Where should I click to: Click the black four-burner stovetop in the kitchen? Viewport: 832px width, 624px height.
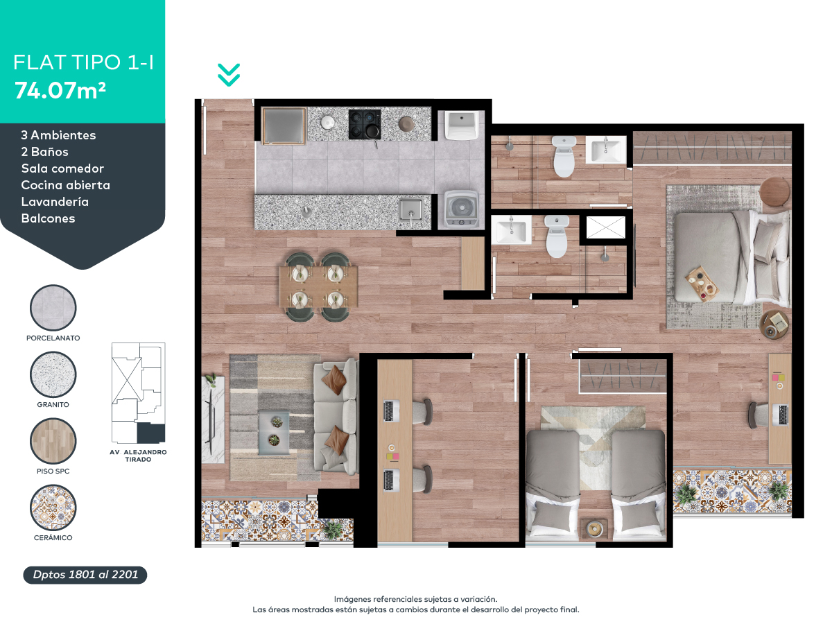click(x=365, y=124)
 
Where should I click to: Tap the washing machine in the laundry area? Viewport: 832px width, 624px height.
click(x=461, y=209)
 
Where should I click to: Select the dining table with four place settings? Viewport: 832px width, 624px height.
click(x=318, y=286)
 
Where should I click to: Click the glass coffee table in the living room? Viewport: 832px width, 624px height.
click(x=274, y=433)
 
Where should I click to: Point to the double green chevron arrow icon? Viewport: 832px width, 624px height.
click(x=229, y=75)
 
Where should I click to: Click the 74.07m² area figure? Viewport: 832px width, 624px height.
click(x=60, y=91)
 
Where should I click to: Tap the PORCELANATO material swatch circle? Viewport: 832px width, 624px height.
click(x=53, y=308)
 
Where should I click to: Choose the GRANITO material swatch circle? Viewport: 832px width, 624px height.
click(x=53, y=374)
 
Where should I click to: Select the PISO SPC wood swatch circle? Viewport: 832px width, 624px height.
click(x=53, y=441)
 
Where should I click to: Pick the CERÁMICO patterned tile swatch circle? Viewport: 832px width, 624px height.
click(x=53, y=508)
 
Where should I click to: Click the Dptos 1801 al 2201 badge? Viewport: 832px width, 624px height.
click(x=85, y=575)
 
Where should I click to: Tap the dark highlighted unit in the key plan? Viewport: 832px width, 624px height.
click(x=151, y=433)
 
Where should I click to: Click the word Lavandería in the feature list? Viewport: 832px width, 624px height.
click(x=55, y=202)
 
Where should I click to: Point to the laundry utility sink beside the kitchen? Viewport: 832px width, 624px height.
click(x=461, y=125)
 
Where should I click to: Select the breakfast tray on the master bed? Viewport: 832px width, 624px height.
click(x=702, y=284)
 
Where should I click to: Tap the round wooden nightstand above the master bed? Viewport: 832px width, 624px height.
click(x=774, y=192)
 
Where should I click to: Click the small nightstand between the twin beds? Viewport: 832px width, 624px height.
click(x=593, y=528)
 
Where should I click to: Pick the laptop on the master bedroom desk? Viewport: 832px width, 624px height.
click(x=781, y=415)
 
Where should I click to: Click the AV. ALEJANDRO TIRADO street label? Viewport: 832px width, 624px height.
click(x=139, y=456)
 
